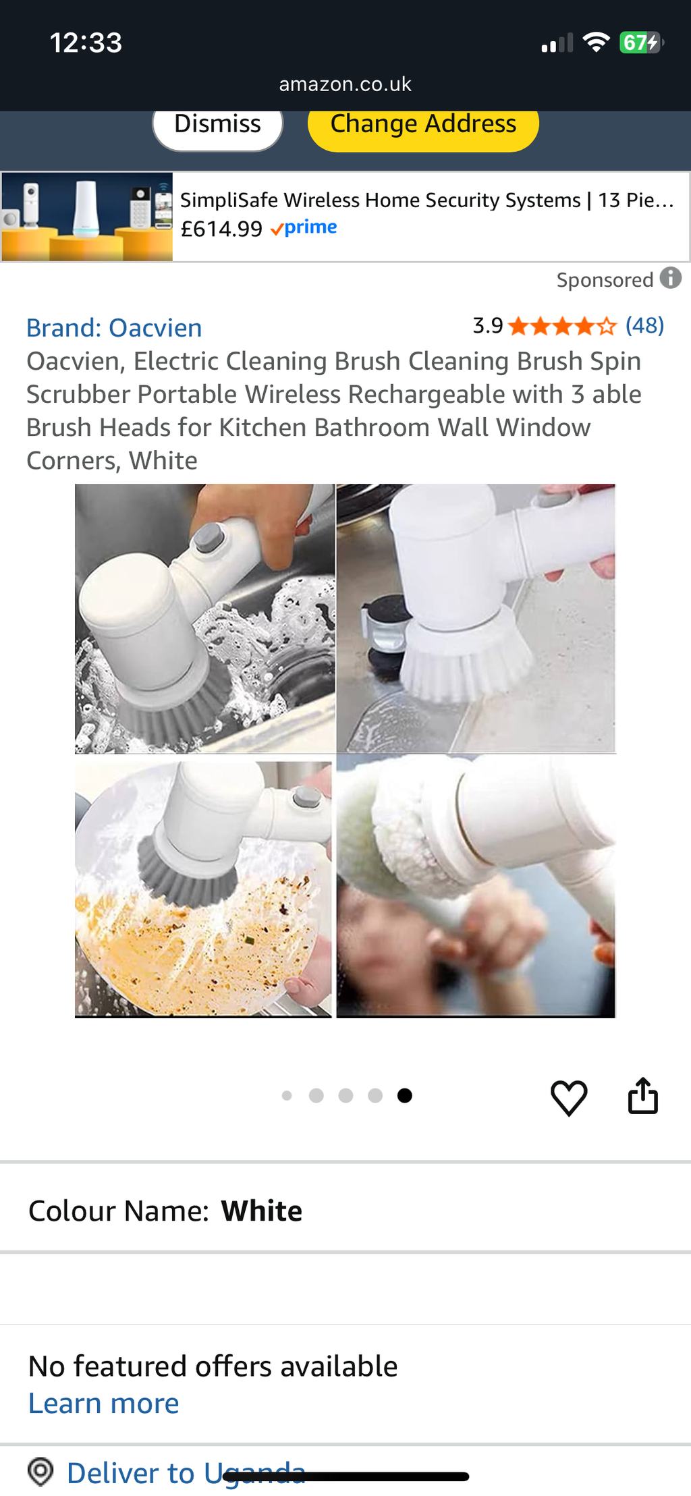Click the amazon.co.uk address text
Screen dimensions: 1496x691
pos(345,84)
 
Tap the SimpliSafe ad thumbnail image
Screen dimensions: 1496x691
pos(87,217)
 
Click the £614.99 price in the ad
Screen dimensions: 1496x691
pos(221,229)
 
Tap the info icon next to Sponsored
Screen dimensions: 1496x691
pos(670,278)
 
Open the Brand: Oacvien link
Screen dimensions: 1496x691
pos(114,328)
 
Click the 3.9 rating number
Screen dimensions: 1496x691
pos(487,326)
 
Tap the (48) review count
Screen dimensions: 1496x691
pos(644,326)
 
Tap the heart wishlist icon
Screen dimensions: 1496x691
pos(569,1097)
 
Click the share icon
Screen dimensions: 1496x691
pos(642,1096)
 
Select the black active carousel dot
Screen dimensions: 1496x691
pos(404,1095)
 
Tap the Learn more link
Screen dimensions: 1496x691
pos(104,1404)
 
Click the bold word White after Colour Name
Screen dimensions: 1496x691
pos(262,1211)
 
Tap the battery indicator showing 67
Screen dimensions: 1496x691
pos(640,43)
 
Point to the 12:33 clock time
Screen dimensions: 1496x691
pos(86,43)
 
